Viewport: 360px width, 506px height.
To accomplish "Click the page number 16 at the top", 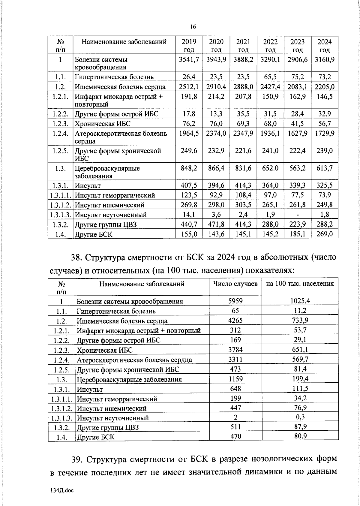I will point(193,27).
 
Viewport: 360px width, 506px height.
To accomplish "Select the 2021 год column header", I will point(243,46).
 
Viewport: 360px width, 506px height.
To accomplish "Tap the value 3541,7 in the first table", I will point(189,60).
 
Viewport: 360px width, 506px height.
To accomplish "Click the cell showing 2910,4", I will point(216,87).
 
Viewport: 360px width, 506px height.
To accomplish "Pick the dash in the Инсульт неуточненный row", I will point(297,215).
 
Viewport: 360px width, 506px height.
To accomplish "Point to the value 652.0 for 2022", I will point(270,168).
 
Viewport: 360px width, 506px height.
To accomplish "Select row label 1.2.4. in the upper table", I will point(61,133).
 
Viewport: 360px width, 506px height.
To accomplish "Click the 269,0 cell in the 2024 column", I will point(325,234).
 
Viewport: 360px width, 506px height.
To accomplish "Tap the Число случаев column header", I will point(235,284).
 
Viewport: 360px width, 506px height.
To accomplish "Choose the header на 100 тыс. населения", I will point(300,284).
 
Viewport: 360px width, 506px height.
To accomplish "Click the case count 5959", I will point(235,301).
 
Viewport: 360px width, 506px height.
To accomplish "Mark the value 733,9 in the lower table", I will point(300,320).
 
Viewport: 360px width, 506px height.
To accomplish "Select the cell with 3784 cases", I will point(235,349).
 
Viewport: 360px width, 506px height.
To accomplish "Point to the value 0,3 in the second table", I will point(300,417).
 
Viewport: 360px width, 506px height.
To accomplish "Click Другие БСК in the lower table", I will point(96,437).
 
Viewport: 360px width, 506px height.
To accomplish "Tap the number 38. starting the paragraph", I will point(77,258).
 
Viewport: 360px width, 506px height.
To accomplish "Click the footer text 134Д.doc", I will point(62,490).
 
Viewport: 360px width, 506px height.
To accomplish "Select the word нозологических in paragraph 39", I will point(281,459).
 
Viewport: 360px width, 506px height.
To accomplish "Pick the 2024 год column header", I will point(325,46).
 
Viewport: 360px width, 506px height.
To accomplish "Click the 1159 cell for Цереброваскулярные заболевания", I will point(235,379).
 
